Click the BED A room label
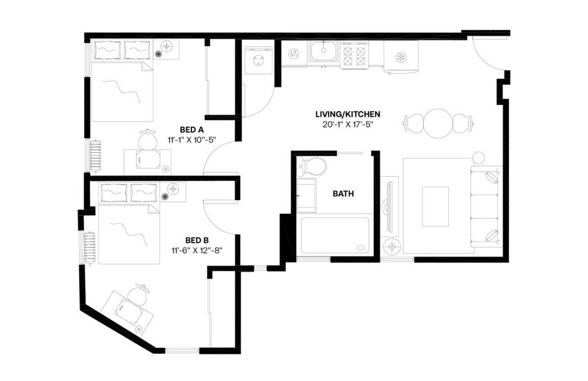pos(192,130)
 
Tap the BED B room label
pos(196,239)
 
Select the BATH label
pos(343,194)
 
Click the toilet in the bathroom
pos(313,167)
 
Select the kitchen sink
pos(323,52)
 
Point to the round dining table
pos(437,122)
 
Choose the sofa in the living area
pos(486,206)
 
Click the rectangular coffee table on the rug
pos(436,206)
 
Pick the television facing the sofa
pos(388,207)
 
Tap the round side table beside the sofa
pos(479,157)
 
